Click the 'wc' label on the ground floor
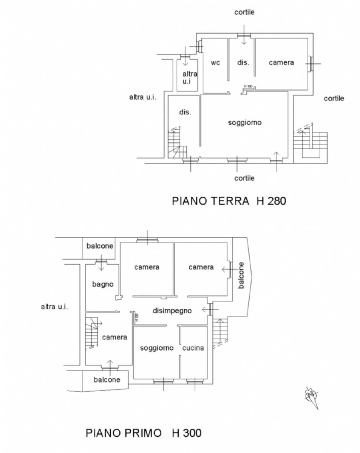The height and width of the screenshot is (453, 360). coord(215,63)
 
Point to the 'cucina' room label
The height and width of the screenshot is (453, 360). coord(193,348)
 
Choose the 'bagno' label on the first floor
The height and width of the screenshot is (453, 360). coord(103,284)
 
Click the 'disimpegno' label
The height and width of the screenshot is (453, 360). coord(172,311)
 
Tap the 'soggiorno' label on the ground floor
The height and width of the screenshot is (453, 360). coord(245,123)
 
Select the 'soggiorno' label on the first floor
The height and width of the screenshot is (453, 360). coord(157,348)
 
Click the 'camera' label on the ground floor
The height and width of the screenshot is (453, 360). coord(281,63)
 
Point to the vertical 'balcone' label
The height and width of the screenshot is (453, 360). coord(241,275)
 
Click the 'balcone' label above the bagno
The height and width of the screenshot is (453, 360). coord(100,246)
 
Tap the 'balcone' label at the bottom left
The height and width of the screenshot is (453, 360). coord(107,379)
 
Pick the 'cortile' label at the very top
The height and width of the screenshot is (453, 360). coord(244,12)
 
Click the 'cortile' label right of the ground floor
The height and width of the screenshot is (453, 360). coord(334,98)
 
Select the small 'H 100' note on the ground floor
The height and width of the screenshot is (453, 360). coord(248,86)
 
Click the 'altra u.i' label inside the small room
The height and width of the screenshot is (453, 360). coord(190,77)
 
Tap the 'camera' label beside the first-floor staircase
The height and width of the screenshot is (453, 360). coord(114,337)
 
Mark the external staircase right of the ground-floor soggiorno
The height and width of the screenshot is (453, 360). coord(310,143)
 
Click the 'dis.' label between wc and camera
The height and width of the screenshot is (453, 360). coord(243,63)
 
